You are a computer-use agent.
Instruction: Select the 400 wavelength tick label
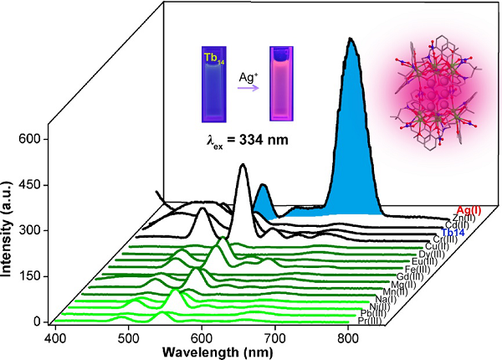tap(55, 337)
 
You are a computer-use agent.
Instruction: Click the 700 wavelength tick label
tap(275, 337)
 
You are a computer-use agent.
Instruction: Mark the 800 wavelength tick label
tap(348, 337)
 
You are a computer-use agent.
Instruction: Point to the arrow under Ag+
tap(247, 85)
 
